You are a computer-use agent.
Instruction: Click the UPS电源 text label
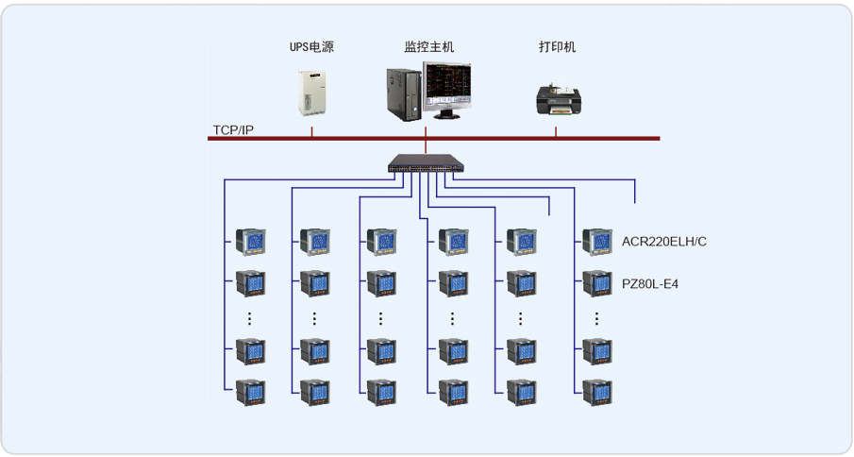[x=310, y=46]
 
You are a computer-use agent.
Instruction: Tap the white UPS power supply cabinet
[x=311, y=92]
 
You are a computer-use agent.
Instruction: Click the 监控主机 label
[x=429, y=46]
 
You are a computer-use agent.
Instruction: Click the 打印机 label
[x=557, y=46]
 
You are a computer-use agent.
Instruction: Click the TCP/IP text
[x=233, y=129]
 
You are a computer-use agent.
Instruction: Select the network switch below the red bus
[x=427, y=164]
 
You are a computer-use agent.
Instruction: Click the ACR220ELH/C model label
[x=663, y=242]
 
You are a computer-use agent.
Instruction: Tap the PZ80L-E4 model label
[x=649, y=282]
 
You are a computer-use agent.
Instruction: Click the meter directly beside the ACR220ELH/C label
[x=597, y=242]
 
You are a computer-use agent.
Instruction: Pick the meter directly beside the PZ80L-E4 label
[x=597, y=282]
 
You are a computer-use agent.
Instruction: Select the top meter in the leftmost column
[x=250, y=242]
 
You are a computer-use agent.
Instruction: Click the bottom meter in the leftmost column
[x=250, y=390]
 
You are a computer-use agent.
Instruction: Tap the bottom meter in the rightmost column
[x=597, y=390]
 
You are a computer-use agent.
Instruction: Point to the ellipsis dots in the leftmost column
[x=250, y=317]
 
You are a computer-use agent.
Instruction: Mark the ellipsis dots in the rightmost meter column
[x=597, y=317]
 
